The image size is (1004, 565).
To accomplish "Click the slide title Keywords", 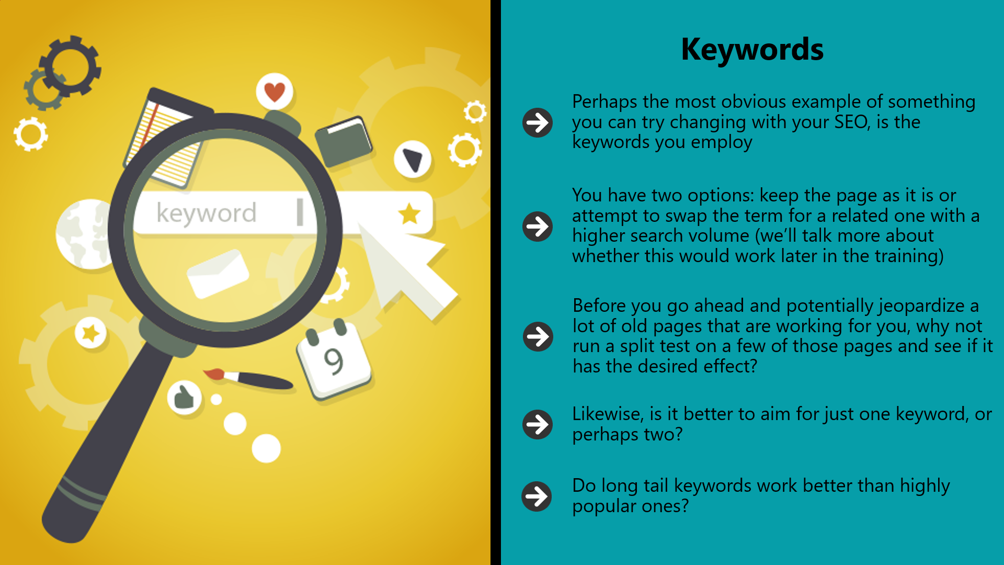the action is [752, 50].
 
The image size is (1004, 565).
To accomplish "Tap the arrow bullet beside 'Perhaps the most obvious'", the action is [538, 122].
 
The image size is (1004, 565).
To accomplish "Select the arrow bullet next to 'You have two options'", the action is [538, 226].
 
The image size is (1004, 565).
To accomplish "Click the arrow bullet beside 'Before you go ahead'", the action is [538, 336].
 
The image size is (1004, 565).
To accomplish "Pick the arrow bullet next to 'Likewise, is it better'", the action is [538, 424].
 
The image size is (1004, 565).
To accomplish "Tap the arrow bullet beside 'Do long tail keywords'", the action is [537, 496].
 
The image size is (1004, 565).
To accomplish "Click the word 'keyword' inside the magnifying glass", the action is [207, 213].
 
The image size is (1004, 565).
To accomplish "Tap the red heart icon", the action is [275, 92].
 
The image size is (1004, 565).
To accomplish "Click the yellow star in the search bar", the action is [409, 214].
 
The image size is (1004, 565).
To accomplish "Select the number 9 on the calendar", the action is [334, 361].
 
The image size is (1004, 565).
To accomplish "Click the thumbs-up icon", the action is [184, 398].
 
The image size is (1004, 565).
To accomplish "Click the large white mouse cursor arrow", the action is [405, 267].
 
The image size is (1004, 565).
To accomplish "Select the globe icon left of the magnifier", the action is [84, 234].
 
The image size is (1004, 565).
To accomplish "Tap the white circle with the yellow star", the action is [90, 333].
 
